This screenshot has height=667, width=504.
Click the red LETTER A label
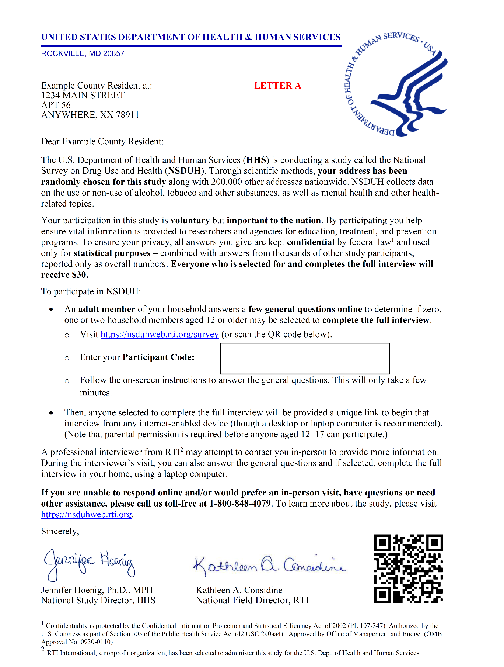click(x=277, y=86)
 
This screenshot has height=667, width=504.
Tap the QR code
click(x=408, y=568)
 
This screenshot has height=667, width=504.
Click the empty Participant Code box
click(x=305, y=359)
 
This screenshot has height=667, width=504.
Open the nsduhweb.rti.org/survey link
click(x=160, y=335)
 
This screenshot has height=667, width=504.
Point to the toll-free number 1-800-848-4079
click(x=240, y=504)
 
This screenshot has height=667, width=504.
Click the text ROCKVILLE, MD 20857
click(x=83, y=53)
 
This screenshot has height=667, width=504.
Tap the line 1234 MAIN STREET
click(x=83, y=95)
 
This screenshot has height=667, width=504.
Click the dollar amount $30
click(x=80, y=275)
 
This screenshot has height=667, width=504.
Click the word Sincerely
click(x=60, y=531)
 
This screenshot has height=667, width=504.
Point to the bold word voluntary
click(x=190, y=221)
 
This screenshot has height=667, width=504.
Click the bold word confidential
click(x=311, y=242)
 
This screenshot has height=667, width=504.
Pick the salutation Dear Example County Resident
click(x=102, y=142)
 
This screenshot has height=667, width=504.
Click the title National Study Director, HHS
click(x=98, y=600)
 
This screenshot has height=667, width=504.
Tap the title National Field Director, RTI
click(x=252, y=600)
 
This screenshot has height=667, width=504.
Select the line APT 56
click(x=56, y=105)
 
